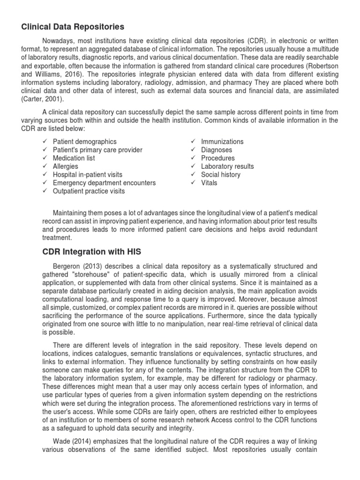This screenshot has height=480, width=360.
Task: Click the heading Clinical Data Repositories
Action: [73, 26]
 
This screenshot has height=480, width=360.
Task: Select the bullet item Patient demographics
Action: [85, 142]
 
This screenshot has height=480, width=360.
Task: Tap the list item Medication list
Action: [74, 158]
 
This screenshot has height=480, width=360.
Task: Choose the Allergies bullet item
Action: [66, 166]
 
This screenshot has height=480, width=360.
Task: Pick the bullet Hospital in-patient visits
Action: [88, 174]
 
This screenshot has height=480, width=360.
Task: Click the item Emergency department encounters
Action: [104, 183]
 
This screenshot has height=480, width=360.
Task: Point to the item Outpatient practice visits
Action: [89, 191]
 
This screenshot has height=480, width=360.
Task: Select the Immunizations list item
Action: [222, 142]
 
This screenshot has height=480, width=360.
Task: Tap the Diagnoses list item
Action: [217, 150]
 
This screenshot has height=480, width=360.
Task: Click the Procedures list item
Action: [218, 158]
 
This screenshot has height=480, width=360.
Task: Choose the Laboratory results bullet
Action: [227, 166]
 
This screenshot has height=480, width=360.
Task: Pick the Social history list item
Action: [221, 174]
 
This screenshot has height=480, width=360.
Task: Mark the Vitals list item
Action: [209, 183]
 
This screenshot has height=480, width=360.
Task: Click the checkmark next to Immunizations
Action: [193, 142]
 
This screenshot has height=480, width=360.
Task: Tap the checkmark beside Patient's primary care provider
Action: [44, 150]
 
